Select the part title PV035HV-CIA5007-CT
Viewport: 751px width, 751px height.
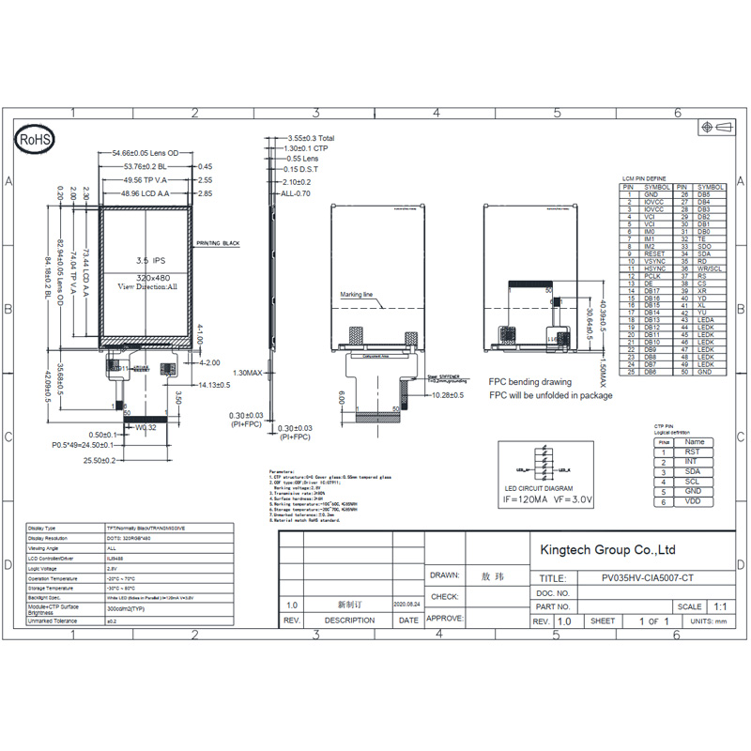click(648, 579)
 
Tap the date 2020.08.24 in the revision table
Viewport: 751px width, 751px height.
click(408, 605)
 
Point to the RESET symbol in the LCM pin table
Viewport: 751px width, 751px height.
click(654, 253)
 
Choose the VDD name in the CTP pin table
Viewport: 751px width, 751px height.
click(693, 502)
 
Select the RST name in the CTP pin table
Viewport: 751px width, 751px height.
click(693, 452)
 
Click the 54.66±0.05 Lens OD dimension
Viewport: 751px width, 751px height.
click(146, 152)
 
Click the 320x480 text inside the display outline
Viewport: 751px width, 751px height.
click(146, 278)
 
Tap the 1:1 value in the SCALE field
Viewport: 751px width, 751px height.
click(721, 606)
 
